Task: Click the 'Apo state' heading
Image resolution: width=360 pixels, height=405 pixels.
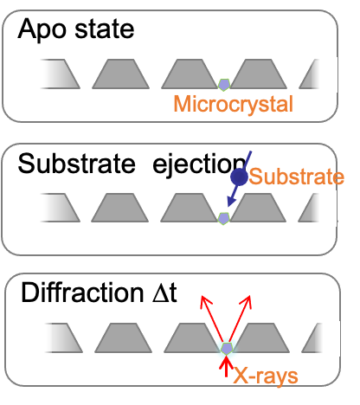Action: pyautogui.click(x=76, y=29)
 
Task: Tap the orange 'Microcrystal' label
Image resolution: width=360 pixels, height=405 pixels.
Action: pyautogui.click(x=234, y=105)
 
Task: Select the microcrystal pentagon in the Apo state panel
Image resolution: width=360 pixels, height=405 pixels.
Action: pyautogui.click(x=224, y=85)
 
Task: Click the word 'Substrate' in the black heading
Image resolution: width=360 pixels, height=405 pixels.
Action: pyautogui.click(x=76, y=164)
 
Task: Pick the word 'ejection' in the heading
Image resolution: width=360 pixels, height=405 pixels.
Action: pyautogui.click(x=199, y=164)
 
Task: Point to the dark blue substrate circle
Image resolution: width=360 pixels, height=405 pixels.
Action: pyautogui.click(x=239, y=177)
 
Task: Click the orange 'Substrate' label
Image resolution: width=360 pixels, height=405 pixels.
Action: pyautogui.click(x=297, y=177)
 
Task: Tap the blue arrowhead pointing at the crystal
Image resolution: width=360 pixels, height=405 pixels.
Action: pyautogui.click(x=231, y=201)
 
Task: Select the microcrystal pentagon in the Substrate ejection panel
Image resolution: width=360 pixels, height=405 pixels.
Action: pyautogui.click(x=223, y=219)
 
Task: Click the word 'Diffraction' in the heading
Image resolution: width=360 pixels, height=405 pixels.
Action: pyautogui.click(x=82, y=293)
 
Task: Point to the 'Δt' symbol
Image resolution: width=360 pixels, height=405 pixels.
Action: pyautogui.click(x=165, y=293)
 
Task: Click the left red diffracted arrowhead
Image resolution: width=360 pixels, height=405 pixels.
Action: pyautogui.click(x=205, y=301)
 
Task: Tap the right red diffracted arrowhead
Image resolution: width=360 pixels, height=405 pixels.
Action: pyautogui.click(x=247, y=301)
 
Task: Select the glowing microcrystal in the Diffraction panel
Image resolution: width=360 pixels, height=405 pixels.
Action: pyautogui.click(x=227, y=349)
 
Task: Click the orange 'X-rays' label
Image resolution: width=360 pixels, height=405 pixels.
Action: pyautogui.click(x=266, y=376)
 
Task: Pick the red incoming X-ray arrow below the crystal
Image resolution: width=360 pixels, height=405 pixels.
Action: pyautogui.click(x=227, y=366)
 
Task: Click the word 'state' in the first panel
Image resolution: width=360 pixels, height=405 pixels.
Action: pyautogui.click(x=105, y=29)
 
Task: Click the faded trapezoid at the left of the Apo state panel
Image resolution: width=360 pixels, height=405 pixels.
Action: pyautogui.click(x=60, y=74)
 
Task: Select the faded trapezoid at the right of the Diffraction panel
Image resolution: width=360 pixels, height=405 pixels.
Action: pyautogui.click(x=312, y=338)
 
